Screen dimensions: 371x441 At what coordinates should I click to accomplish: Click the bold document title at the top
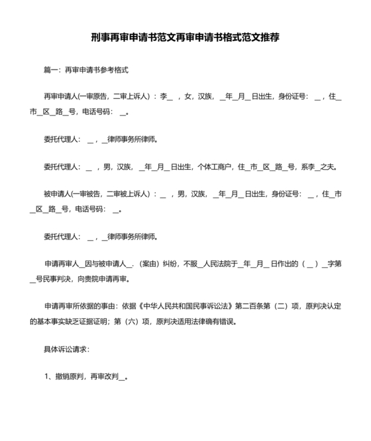[185, 37]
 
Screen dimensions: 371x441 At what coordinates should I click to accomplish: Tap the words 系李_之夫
[320, 166]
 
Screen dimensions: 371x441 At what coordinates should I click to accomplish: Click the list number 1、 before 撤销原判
[48, 377]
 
